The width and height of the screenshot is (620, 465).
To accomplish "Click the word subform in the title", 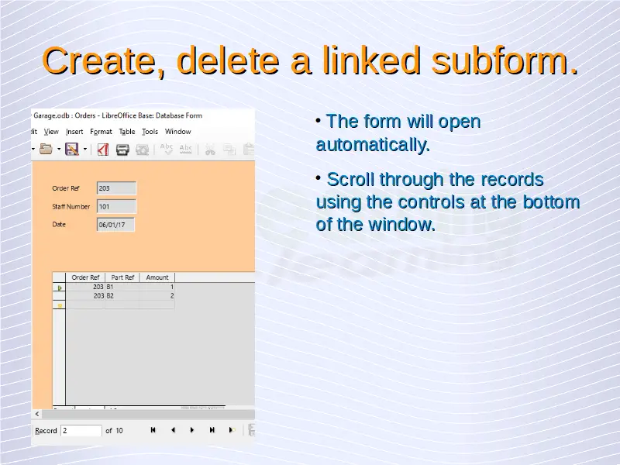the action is pos(505,60).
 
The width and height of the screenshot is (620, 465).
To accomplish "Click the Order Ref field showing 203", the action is pos(116,188).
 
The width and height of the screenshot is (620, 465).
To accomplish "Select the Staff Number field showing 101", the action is pos(116,206).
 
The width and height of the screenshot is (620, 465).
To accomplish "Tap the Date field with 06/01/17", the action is pos(115,225).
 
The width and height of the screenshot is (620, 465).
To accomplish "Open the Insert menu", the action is pos(74,132).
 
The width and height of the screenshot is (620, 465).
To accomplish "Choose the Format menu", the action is pos(101,132).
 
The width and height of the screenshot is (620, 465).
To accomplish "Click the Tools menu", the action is pos(150,132).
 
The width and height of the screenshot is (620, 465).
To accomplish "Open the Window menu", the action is pos(178,132).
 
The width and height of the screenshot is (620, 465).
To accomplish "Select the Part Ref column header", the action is pos(122,277).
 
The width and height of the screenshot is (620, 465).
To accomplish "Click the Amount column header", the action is pos(157,277).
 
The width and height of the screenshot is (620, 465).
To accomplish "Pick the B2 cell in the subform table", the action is pos(122,296).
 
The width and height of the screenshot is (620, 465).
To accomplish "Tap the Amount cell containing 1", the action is pos(157,287).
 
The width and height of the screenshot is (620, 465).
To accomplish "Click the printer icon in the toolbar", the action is pos(122,150).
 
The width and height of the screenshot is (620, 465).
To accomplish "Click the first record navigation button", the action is pos(153,430).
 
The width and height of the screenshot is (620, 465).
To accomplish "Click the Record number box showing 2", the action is pos(81,430).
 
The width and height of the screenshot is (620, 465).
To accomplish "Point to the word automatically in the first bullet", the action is pos(373,145).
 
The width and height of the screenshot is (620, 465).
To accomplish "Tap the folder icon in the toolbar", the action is pos(46,149).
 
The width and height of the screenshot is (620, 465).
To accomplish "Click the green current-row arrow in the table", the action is pos(60,288).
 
